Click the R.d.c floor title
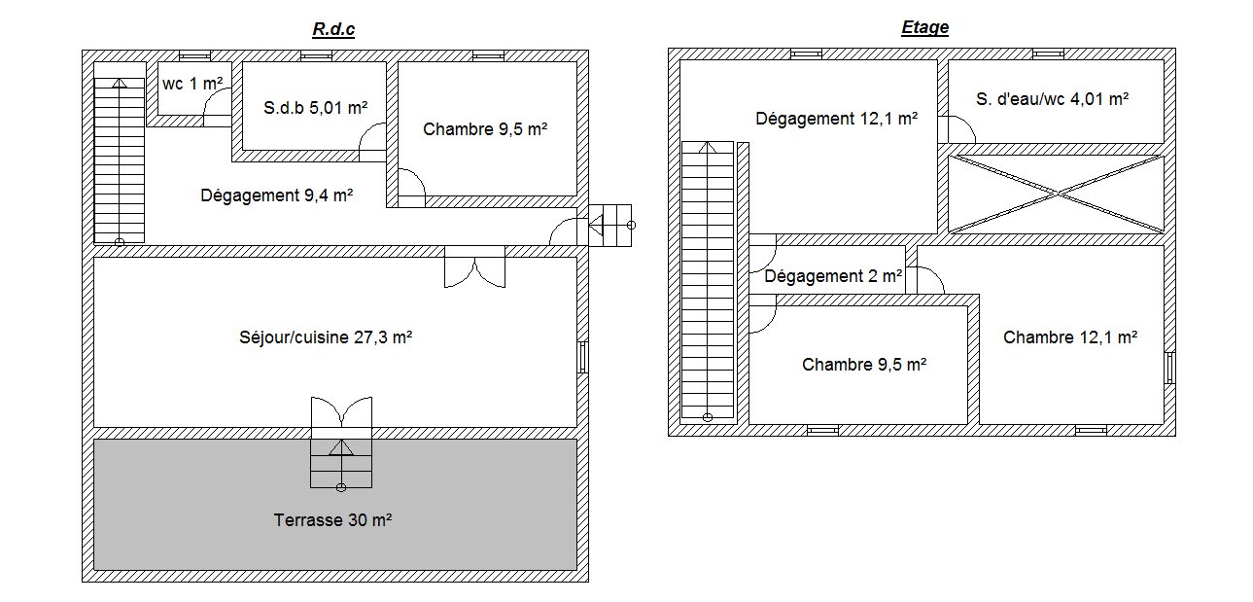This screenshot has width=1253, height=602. tap(333, 29)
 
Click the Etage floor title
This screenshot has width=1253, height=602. tap(924, 27)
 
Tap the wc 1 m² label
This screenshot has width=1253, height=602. tap(192, 84)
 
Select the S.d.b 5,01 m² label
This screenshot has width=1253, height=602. tap(316, 107)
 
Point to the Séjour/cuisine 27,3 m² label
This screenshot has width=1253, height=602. tap(326, 337)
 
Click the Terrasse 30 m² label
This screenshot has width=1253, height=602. tap(332, 520)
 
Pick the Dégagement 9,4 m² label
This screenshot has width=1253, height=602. tap(276, 195)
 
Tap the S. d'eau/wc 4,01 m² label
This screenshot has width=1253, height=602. tap(1052, 99)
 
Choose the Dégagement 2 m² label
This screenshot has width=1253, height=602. tap(833, 276)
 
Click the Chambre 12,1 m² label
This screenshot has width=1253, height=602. tap(1070, 337)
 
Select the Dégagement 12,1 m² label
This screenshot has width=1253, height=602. tap(836, 119)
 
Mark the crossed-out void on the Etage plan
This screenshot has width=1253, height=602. tap(1056, 194)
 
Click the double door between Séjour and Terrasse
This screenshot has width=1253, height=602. tap(341, 413)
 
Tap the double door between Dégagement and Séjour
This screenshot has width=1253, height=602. tap(475, 266)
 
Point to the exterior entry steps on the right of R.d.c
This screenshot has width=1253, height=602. tap(610, 226)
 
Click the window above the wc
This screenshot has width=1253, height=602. tap(194, 55)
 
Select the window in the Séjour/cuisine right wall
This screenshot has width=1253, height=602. tap(583, 357)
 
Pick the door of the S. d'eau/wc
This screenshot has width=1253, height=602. tap(957, 129)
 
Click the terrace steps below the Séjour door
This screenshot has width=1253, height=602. tap(341, 464)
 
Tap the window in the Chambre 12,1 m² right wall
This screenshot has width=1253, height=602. tap(1169, 368)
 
